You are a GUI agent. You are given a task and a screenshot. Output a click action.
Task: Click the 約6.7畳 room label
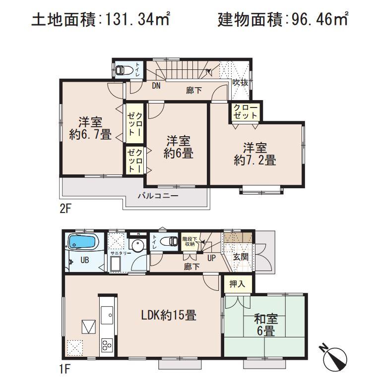90,128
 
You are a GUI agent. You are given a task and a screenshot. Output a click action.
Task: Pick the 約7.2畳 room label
255,154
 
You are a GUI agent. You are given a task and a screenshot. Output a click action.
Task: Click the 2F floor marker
66,208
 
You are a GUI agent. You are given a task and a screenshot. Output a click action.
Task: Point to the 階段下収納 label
190,241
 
